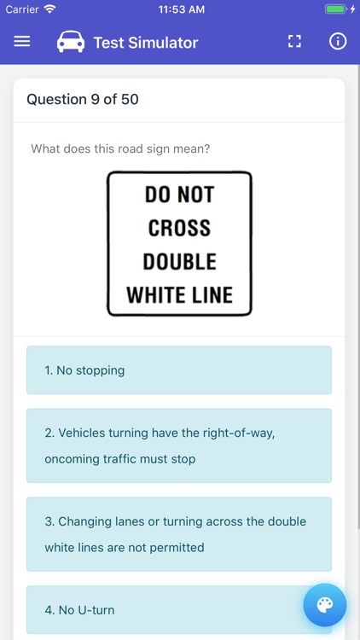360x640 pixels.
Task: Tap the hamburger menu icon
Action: coord(22,42)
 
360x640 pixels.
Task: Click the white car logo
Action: coord(71,42)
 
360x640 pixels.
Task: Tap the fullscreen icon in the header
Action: coord(294,42)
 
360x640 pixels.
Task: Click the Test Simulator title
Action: coord(146,43)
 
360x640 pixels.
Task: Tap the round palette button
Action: coord(325,605)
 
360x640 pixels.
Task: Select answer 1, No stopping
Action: coord(179,370)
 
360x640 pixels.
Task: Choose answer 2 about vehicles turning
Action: coord(179,445)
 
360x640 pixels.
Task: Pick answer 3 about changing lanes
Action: coord(179,534)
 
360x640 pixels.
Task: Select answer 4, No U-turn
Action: coord(179,610)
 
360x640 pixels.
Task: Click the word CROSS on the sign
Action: coord(179,228)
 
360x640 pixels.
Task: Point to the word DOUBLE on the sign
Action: coord(179,261)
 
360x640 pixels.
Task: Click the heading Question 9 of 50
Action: coord(83,99)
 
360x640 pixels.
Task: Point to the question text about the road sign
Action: coord(120,148)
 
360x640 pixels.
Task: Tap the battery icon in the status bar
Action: coord(335,9)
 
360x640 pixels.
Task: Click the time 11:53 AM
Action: coord(181,9)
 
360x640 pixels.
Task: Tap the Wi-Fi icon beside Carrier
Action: coord(49,9)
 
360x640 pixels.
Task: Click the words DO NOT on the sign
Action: coord(179,195)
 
